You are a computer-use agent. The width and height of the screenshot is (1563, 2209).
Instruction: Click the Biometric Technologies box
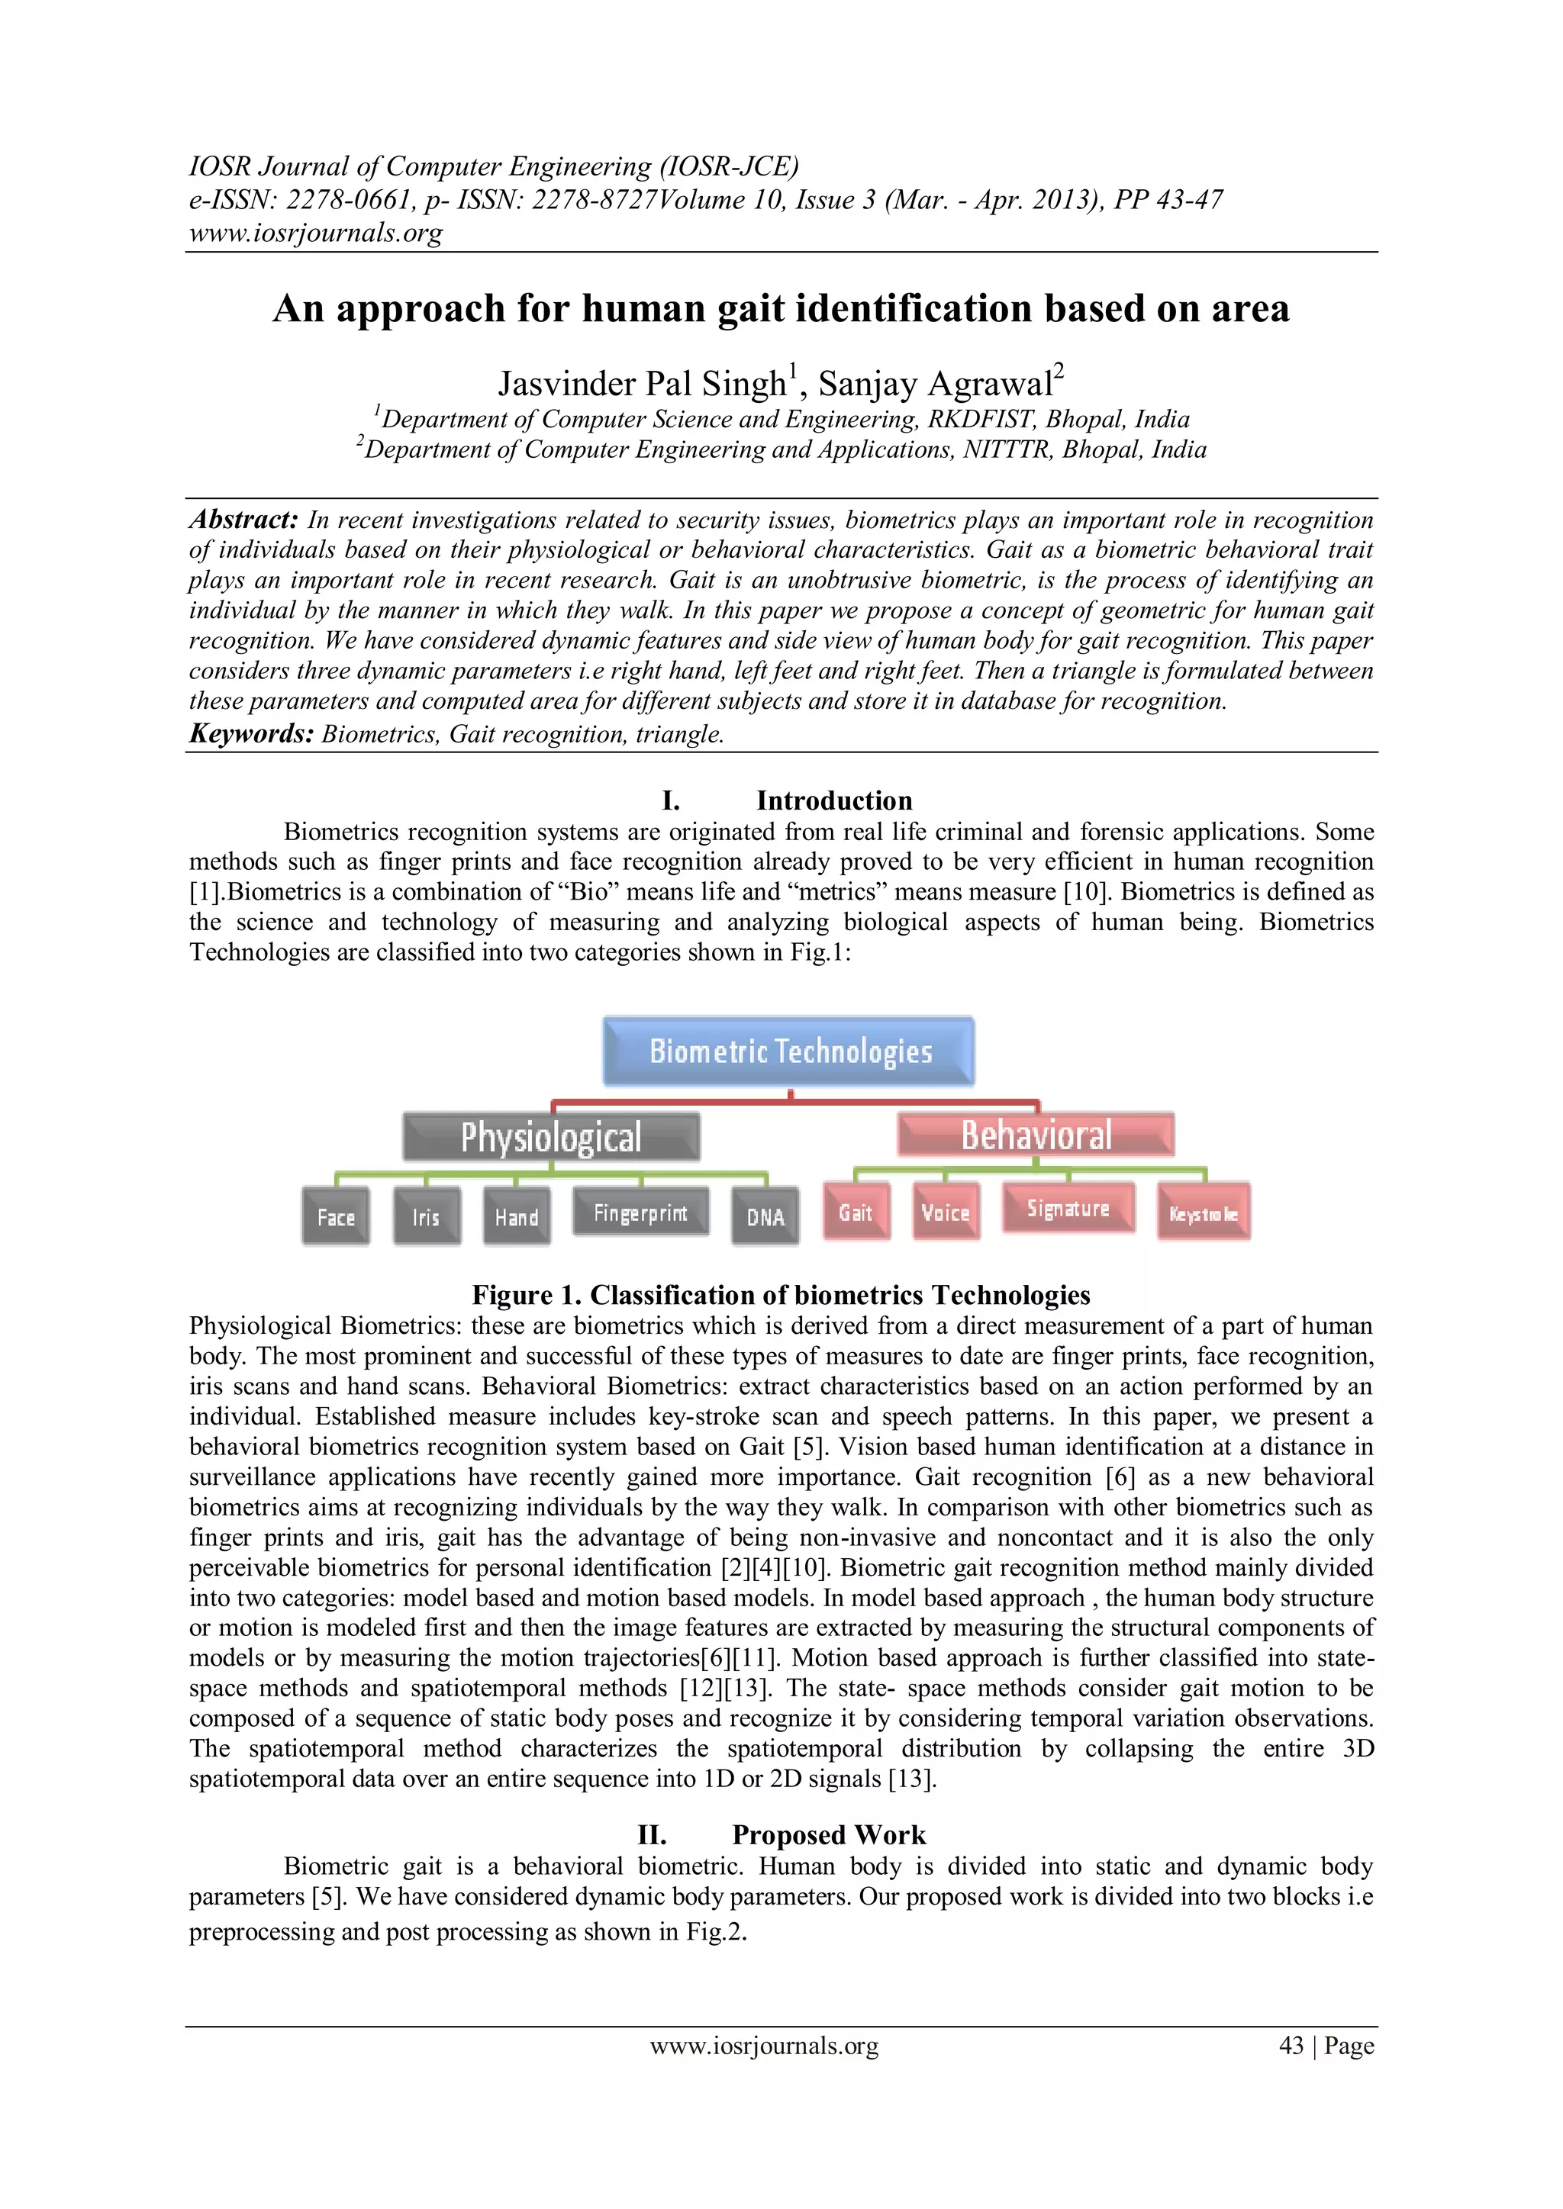pos(788,1051)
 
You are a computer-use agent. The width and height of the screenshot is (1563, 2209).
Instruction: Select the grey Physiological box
pos(550,1137)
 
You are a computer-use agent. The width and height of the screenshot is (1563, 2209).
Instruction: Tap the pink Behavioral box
pos(1036,1135)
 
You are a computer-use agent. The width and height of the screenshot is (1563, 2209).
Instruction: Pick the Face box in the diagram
pos(336,1217)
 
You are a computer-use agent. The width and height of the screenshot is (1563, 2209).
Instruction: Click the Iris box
pos(427,1217)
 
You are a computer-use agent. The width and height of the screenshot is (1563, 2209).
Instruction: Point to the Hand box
pos(517,1217)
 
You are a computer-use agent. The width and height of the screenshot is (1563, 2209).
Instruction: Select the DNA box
pos(765,1217)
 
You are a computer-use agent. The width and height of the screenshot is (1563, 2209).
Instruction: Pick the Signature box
pos(1068,1209)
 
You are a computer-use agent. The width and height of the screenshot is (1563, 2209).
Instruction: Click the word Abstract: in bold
pos(244,520)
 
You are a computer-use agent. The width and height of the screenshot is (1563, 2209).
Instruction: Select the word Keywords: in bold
pos(252,734)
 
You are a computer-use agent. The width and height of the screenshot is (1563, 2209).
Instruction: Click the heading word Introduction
pos(833,800)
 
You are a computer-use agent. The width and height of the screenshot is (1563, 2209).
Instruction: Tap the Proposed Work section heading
pos(829,1835)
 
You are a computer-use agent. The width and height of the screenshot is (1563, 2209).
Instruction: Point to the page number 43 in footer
pos(1291,2046)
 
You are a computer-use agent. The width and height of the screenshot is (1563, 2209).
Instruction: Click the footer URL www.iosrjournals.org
pos(764,2046)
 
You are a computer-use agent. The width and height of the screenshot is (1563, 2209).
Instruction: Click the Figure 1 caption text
pos(781,1295)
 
